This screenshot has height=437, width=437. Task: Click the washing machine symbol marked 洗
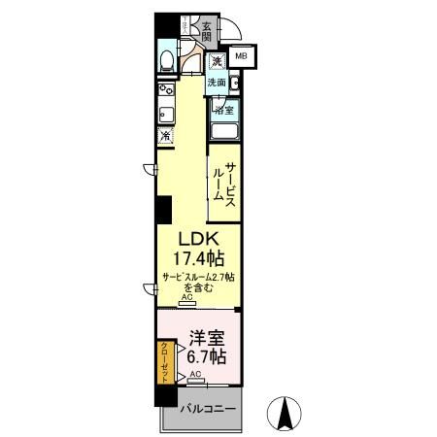[216, 63]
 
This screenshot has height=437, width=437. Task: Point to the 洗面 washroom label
[216, 83]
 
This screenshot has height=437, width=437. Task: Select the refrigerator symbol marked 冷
[165, 136]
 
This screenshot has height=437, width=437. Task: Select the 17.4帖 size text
[201, 260]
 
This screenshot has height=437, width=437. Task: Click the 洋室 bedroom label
[207, 339]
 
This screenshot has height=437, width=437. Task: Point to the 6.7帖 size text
[207, 356]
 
